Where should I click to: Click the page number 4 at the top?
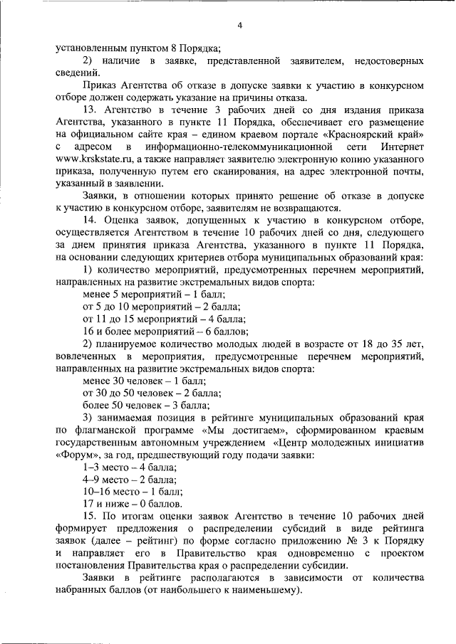click(240, 26)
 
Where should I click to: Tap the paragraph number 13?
click(89, 110)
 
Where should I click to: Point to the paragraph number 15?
click(89, 515)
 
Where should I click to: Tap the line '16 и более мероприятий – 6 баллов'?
click(165, 331)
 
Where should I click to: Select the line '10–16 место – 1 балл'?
click(133, 491)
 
